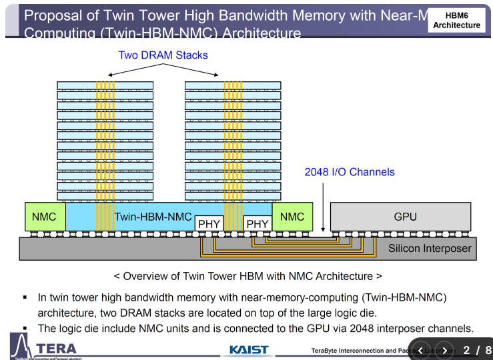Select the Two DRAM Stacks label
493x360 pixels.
pyautogui.click(x=163, y=55)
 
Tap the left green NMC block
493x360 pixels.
pyautogui.click(x=45, y=217)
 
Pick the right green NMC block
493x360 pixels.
pyautogui.click(x=292, y=217)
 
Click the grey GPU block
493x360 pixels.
pyautogui.click(x=405, y=217)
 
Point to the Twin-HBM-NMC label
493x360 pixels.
pyautogui.click(x=153, y=217)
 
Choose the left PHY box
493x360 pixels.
pyautogui.click(x=209, y=224)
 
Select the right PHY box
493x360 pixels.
pyautogui.click(x=258, y=224)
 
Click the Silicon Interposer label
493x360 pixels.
pyautogui.click(x=430, y=249)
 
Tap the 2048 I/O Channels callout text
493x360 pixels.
pyautogui.click(x=350, y=172)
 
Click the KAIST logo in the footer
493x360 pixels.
pyautogui.click(x=248, y=350)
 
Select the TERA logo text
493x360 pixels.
pyautogui.click(x=57, y=349)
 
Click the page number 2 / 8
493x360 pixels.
pyautogui.click(x=477, y=350)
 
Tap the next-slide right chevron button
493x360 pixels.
pyautogui.click(x=444, y=351)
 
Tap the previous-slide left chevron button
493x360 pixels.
pyautogui.click(x=421, y=351)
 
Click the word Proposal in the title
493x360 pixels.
pyautogui.click(x=51, y=15)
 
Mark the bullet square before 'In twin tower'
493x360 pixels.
pyautogui.click(x=25, y=297)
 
